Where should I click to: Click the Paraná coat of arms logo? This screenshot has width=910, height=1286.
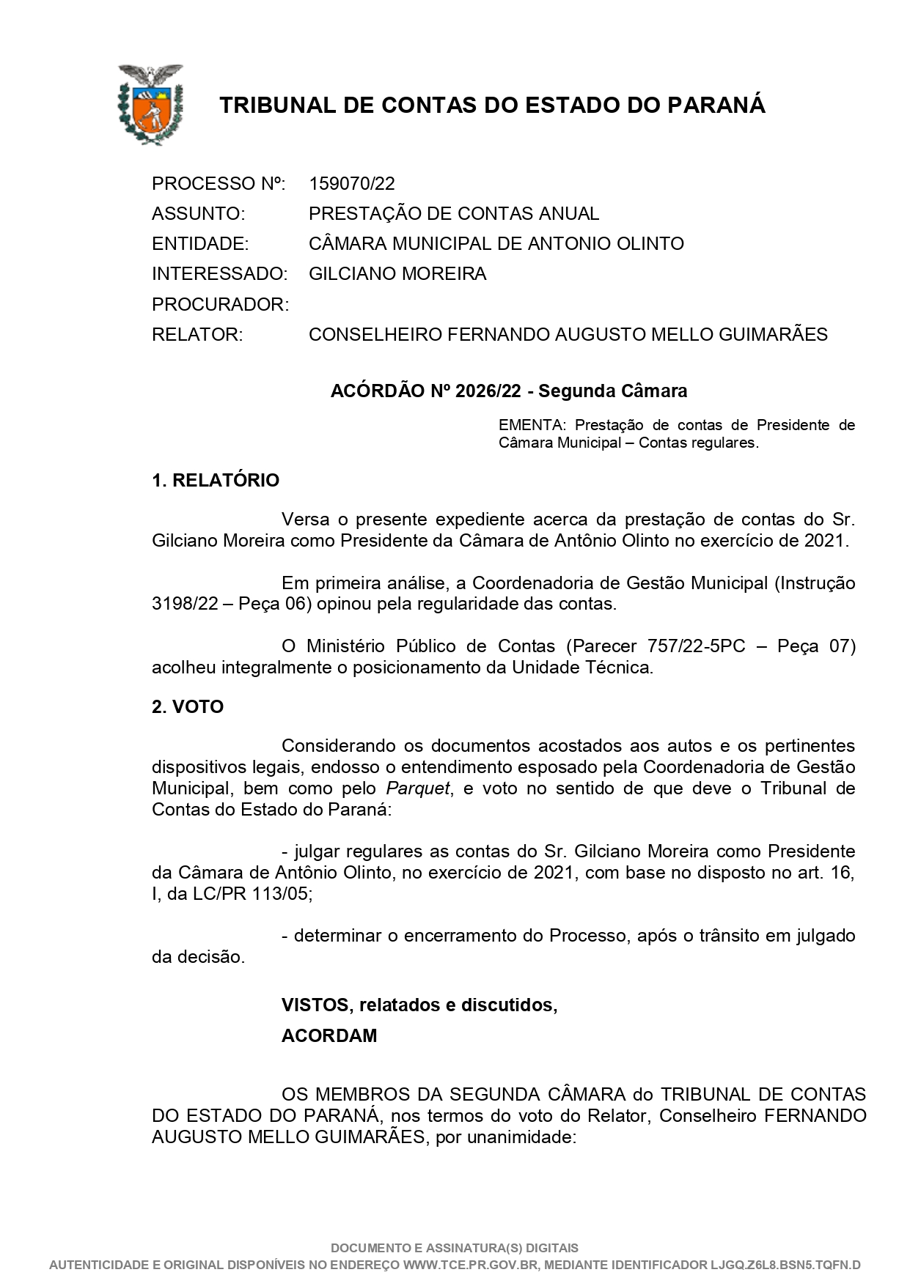(150, 104)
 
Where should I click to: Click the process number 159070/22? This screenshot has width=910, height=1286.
(351, 183)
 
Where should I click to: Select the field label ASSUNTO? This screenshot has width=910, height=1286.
(198, 214)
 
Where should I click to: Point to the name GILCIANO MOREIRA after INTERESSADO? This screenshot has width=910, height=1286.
(397, 274)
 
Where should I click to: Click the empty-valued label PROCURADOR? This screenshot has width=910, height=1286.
(220, 305)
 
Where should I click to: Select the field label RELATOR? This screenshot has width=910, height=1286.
(197, 335)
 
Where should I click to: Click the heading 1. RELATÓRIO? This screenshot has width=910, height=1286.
(216, 481)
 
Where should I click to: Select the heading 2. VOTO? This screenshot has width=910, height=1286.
(188, 707)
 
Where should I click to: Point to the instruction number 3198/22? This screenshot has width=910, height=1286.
(187, 605)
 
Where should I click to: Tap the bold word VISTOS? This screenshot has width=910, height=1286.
(314, 1005)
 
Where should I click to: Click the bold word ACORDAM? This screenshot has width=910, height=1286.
(329, 1036)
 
